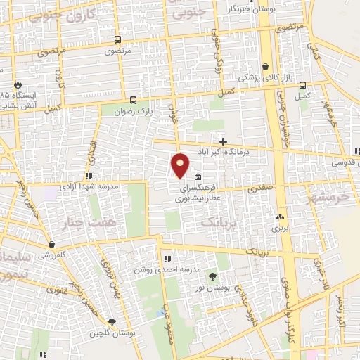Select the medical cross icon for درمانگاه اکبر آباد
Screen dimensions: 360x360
tap(223, 141)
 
